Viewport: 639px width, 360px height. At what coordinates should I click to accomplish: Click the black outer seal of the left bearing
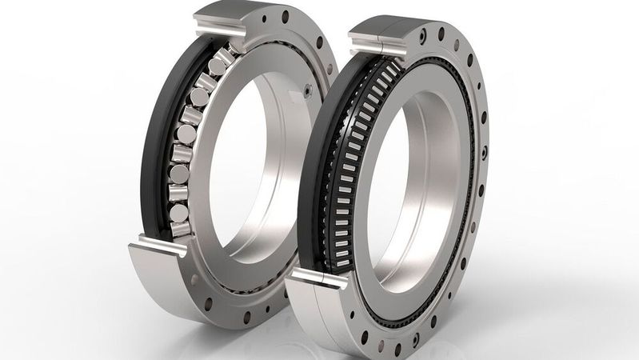tap(152, 144)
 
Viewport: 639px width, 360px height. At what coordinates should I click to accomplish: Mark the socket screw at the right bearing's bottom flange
tap(397, 350)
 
